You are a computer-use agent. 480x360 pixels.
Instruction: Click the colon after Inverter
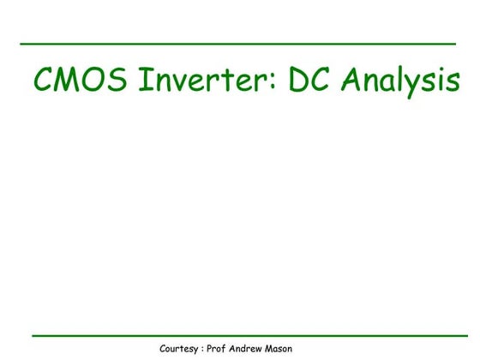(x=275, y=83)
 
